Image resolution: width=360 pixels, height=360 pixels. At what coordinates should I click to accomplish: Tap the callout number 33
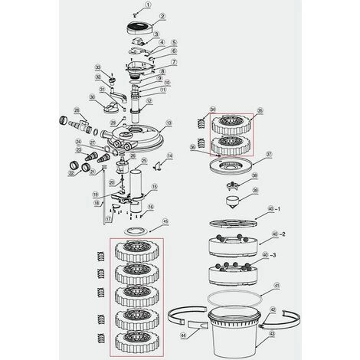click(x=98, y=67)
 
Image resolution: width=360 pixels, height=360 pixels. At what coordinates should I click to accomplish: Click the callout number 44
click(x=182, y=335)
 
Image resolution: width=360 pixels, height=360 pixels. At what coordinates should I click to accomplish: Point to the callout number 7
click(x=173, y=61)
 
